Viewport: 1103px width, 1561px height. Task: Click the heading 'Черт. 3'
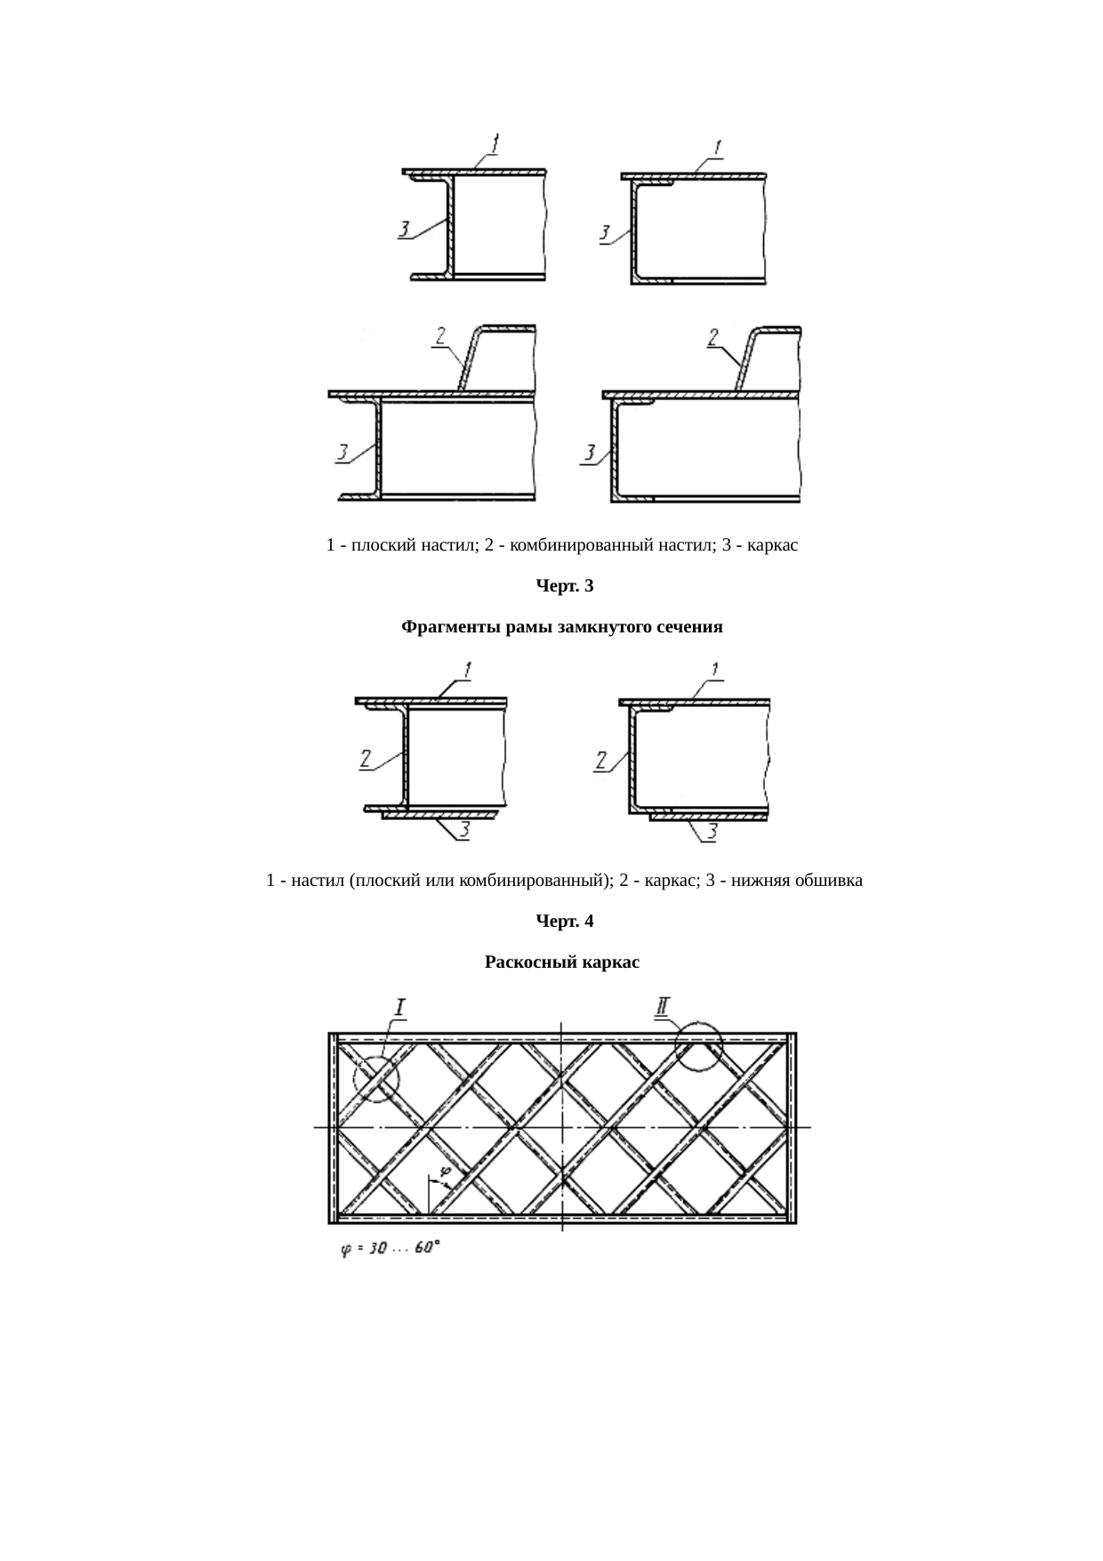[564, 586]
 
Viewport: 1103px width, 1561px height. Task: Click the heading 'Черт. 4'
[564, 921]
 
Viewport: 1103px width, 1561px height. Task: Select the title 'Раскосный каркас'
[562, 962]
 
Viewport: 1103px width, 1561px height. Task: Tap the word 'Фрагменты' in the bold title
[443, 627]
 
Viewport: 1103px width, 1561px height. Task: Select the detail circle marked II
[699, 1046]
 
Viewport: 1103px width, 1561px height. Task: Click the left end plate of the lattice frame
[332, 1127]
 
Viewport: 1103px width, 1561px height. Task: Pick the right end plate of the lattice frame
[793, 1127]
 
